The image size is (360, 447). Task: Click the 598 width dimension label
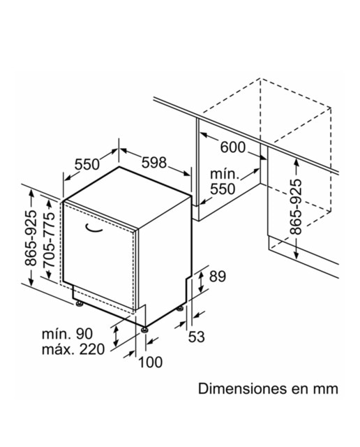(x=153, y=163)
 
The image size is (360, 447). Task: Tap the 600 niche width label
(x=233, y=147)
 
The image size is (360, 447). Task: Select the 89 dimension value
(x=218, y=277)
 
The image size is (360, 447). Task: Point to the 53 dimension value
(x=197, y=337)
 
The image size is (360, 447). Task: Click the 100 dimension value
(x=151, y=362)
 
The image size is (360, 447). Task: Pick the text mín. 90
(x=67, y=334)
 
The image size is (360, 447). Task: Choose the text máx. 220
(x=73, y=349)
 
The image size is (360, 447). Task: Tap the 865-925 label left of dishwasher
(x=31, y=238)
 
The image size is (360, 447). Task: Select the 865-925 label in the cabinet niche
(x=295, y=207)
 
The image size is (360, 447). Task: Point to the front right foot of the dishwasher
(x=145, y=330)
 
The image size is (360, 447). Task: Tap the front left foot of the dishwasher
(x=79, y=304)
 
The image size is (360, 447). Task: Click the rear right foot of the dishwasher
(x=180, y=309)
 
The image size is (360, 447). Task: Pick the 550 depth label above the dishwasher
(x=87, y=165)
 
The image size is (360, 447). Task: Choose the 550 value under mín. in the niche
(x=223, y=189)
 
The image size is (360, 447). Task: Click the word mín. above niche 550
(x=224, y=174)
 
